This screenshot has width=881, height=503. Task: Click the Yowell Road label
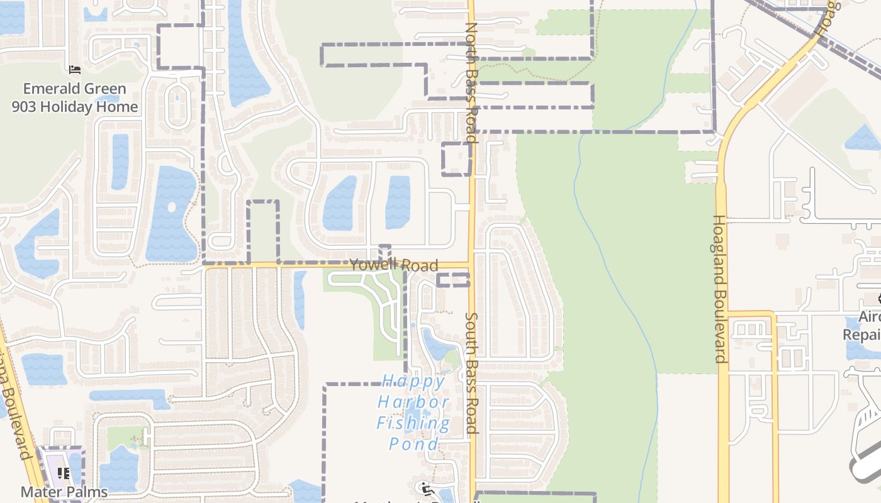394,265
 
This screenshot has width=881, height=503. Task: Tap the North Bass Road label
471,82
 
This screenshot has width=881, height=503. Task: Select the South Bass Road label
473,373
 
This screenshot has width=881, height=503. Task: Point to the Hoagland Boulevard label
720,289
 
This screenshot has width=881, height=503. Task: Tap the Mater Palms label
64,491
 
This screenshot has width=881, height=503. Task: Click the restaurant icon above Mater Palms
64,473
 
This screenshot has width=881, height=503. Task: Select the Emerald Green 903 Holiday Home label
74,97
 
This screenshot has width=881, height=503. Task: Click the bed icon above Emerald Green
75,70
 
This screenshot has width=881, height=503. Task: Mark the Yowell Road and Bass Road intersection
471,265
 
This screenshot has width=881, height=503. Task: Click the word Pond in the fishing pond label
413,444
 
